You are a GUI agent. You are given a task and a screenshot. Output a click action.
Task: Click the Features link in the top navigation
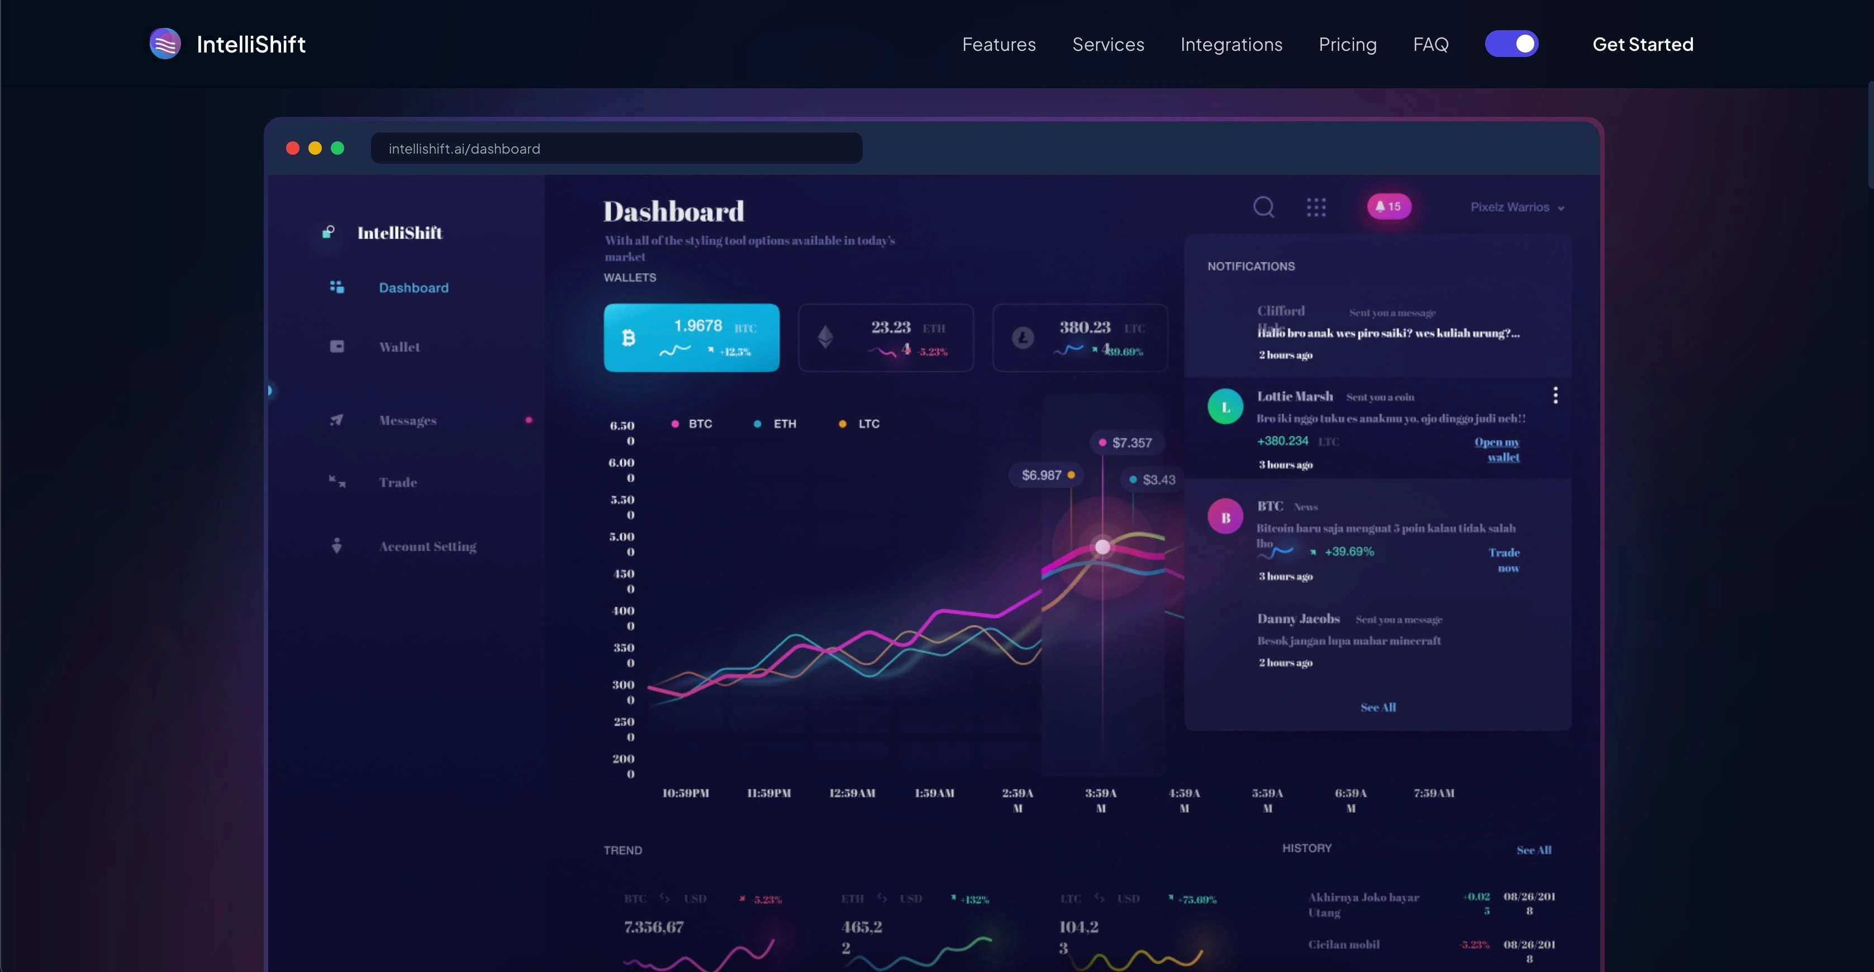coord(999,44)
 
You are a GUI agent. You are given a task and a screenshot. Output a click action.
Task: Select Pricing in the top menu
coord(1347,44)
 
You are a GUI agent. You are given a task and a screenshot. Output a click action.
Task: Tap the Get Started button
coord(1643,44)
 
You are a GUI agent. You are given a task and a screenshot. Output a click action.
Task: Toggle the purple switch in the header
coord(1512,44)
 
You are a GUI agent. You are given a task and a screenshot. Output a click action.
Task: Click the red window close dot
coord(292,149)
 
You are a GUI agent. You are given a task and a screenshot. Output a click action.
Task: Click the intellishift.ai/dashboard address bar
coord(616,149)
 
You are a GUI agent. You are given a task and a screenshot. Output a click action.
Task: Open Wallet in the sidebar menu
coord(399,347)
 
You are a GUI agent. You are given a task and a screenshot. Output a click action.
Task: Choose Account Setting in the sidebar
coord(427,546)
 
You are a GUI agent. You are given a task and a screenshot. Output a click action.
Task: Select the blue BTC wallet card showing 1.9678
coord(691,337)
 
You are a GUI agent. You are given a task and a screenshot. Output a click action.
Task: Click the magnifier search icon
coord(1264,207)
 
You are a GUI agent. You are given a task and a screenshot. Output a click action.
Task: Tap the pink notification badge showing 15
coord(1389,207)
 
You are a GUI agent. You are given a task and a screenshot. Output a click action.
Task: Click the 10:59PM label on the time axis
coord(686,793)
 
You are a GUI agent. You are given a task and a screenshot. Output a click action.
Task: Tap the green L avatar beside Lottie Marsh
coord(1225,407)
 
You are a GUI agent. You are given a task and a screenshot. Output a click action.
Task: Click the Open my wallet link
coord(1497,450)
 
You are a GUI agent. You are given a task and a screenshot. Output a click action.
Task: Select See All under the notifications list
coord(1378,707)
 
